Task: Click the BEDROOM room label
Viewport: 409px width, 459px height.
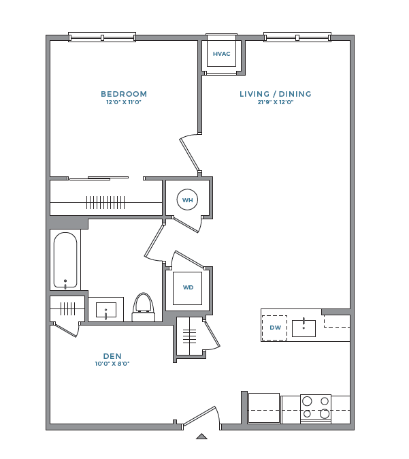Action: (x=124, y=94)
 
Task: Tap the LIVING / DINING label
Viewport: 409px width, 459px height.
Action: (x=275, y=94)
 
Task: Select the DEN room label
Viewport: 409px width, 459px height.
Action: (x=112, y=355)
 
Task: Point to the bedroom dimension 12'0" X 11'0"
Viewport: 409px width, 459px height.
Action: (x=124, y=103)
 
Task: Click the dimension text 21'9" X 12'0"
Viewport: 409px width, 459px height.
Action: (x=275, y=103)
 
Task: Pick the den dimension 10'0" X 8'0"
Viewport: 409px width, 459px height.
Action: (x=112, y=364)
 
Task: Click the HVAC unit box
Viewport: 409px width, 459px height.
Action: (x=221, y=54)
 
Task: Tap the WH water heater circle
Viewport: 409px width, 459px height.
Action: (x=187, y=200)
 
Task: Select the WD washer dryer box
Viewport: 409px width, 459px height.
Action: (x=188, y=287)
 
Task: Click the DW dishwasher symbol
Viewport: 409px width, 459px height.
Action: (x=275, y=328)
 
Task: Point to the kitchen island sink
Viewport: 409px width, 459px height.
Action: (x=304, y=328)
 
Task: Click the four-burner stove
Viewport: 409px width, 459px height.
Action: (x=316, y=408)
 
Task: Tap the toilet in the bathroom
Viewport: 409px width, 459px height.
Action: (x=143, y=308)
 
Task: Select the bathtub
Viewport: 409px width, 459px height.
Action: (x=65, y=261)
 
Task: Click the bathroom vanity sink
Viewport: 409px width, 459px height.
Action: (x=106, y=310)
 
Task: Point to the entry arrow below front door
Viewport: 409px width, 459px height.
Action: (x=201, y=437)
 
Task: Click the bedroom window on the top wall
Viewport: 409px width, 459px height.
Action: (x=102, y=37)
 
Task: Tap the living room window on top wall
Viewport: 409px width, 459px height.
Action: (x=297, y=37)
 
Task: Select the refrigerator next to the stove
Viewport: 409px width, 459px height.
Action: (x=263, y=408)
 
